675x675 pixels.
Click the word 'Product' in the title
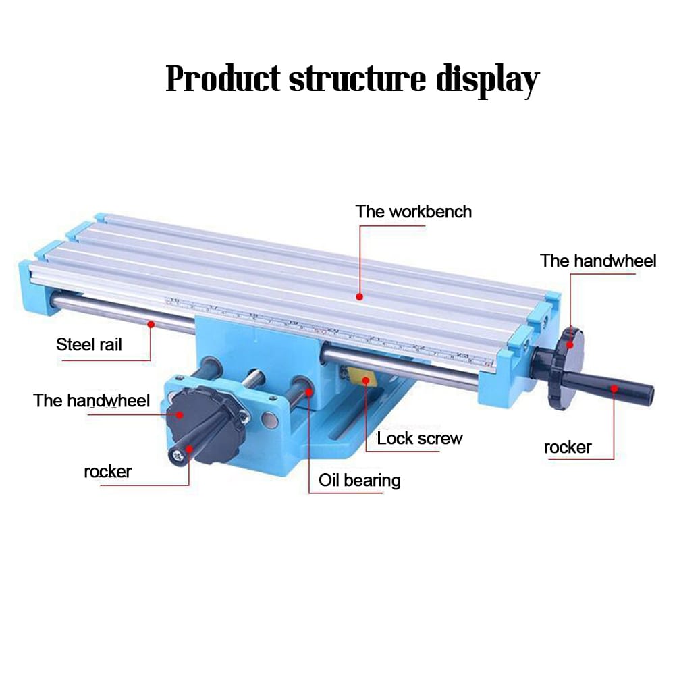[223, 80]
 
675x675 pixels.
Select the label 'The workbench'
[414, 211]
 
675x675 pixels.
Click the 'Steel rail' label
[89, 344]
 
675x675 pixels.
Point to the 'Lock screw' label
[420, 438]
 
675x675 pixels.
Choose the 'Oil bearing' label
[360, 481]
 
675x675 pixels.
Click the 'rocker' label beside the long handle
[568, 447]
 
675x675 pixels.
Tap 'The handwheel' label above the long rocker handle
[598, 261]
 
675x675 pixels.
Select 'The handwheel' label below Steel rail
[92, 400]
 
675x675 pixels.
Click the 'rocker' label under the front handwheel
[107, 471]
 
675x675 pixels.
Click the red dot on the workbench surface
[360, 296]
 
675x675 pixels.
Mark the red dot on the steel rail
[151, 324]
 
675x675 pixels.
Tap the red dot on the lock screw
[366, 380]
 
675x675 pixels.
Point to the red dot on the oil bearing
[309, 390]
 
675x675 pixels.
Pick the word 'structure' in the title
[358, 80]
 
